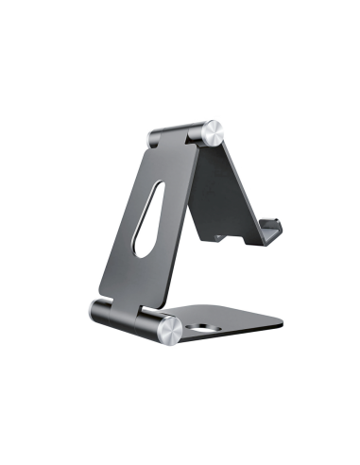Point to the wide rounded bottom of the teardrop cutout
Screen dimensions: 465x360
click(x=142, y=248)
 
